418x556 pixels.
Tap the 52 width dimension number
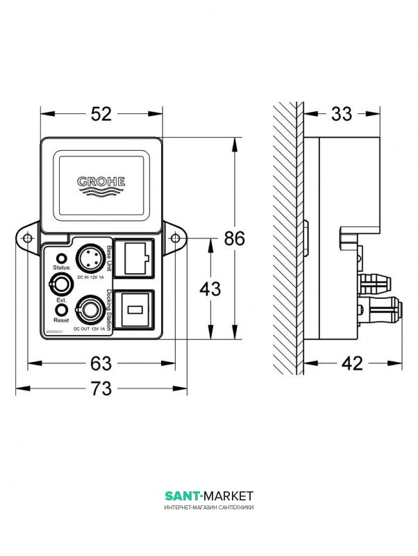point(101,115)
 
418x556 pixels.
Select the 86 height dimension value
point(235,238)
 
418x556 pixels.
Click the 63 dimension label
point(101,362)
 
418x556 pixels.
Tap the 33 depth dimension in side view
point(341,115)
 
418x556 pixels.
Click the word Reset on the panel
point(61,321)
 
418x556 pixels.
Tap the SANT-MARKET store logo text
point(209,496)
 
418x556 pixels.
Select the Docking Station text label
point(109,311)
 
